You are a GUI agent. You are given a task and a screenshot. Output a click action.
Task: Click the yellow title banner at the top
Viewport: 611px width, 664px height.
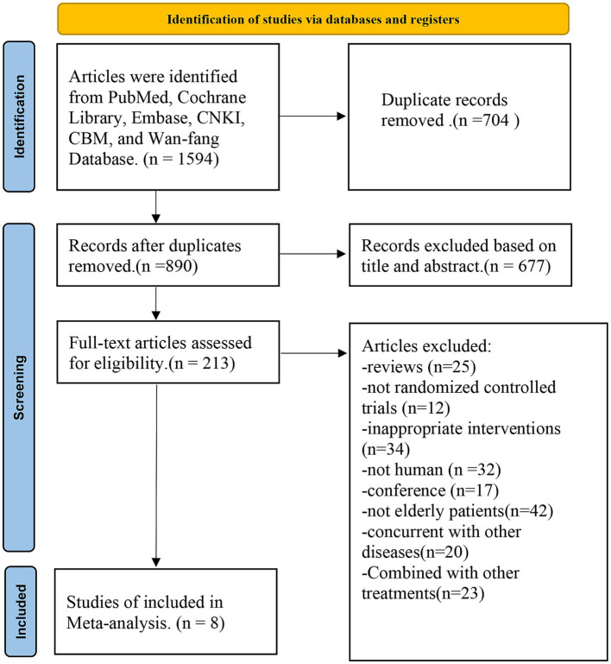pyautogui.click(x=313, y=19)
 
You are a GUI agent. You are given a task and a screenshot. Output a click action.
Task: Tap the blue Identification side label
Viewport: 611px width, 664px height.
pyautogui.click(x=19, y=117)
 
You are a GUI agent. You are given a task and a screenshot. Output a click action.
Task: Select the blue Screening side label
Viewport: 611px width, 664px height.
pyautogui.click(x=19, y=388)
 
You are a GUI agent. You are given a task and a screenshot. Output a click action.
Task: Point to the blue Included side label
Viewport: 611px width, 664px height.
pyautogui.click(x=21, y=611)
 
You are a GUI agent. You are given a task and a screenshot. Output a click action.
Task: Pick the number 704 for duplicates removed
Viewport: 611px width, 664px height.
pyautogui.click(x=494, y=120)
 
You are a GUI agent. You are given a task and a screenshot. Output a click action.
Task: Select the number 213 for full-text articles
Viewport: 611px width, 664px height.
pyautogui.click(x=216, y=364)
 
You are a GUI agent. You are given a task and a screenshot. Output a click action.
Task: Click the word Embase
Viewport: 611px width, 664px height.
pyautogui.click(x=160, y=117)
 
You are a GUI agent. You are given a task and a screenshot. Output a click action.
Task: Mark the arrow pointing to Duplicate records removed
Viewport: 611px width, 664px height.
pyautogui.click(x=312, y=116)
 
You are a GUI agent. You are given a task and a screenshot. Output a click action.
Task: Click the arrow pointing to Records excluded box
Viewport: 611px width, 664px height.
pyautogui.click(x=312, y=254)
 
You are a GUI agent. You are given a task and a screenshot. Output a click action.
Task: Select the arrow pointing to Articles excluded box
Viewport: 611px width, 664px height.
pyautogui.click(x=313, y=353)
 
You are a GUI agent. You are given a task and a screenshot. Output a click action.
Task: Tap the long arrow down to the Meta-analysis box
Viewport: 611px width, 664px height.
pyautogui.click(x=156, y=475)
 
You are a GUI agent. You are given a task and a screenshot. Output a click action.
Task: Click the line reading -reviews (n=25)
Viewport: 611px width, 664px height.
pyautogui.click(x=419, y=367)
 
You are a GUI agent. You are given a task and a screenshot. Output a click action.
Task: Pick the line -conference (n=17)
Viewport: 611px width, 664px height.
pyautogui.click(x=430, y=490)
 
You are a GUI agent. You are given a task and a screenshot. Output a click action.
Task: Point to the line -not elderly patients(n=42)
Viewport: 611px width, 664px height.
pyautogui.click(x=457, y=511)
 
